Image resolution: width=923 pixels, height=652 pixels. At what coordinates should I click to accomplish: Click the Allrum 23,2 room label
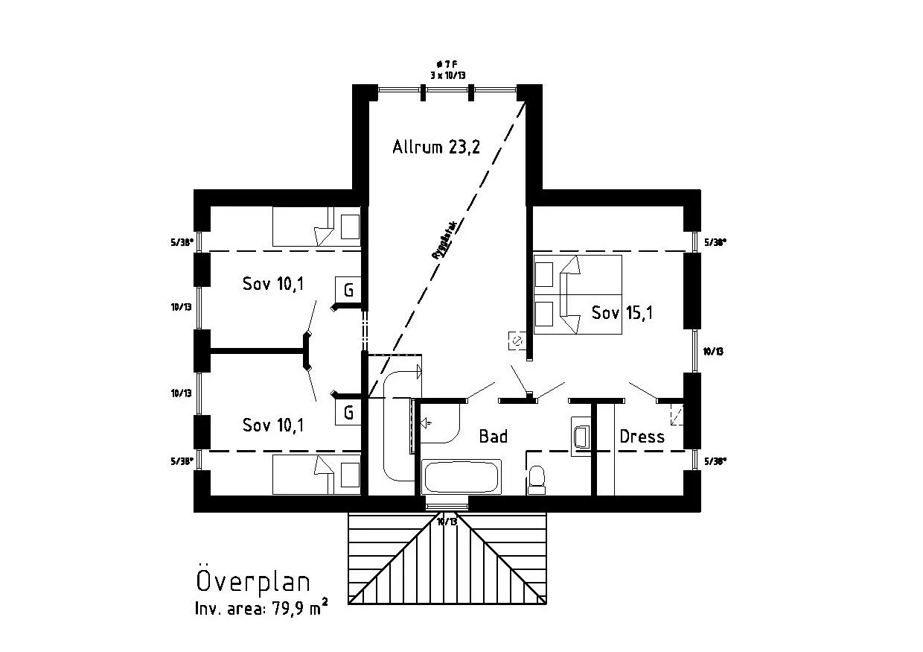(435, 147)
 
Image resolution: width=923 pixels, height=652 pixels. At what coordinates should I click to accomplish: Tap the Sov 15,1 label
(622, 313)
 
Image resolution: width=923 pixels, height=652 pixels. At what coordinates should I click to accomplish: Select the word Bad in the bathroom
(493, 436)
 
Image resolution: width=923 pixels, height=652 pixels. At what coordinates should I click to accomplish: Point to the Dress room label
(642, 437)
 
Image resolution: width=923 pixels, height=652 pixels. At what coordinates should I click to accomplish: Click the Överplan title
(253, 581)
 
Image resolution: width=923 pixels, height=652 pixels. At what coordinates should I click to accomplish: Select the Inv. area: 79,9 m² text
(261, 608)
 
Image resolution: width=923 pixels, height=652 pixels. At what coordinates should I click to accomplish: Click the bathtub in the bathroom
(461, 476)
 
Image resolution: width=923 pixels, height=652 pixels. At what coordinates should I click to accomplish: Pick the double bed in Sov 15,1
(578, 294)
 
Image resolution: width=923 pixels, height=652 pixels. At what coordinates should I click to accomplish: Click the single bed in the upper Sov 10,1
(316, 227)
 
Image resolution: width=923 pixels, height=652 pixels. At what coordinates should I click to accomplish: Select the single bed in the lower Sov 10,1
(316, 475)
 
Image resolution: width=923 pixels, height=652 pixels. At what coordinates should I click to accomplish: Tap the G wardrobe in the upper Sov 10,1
(348, 288)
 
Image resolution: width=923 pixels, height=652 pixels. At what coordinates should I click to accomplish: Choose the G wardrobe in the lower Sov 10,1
(348, 412)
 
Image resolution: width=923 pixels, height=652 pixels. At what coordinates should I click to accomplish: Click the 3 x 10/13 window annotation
(448, 76)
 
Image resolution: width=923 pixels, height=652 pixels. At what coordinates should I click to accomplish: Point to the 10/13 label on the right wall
(713, 350)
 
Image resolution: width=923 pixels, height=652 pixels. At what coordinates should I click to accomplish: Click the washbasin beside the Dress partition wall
(581, 436)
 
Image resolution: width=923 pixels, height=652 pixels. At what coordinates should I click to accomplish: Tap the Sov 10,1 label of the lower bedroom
(273, 425)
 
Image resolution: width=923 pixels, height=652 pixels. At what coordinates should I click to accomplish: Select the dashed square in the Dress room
(676, 414)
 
